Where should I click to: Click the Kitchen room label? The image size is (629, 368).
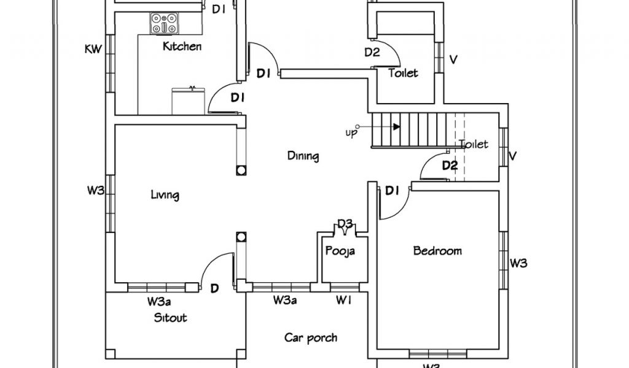182,47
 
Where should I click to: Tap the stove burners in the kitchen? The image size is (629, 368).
164,24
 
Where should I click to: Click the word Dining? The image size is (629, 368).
303,156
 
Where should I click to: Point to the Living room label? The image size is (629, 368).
165,196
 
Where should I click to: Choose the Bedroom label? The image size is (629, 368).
437,251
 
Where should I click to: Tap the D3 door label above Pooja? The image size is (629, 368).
345,224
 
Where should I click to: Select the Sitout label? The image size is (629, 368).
170,318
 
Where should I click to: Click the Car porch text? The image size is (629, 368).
311,337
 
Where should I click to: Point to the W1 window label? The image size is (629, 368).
343,301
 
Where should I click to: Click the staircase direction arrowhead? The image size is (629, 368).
397,128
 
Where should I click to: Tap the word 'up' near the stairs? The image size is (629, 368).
350,133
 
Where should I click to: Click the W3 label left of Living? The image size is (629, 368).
95,191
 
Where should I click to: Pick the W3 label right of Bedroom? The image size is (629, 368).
519,264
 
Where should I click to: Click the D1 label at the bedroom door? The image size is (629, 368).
393,191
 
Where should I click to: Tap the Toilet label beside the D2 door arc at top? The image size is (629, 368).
404,74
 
